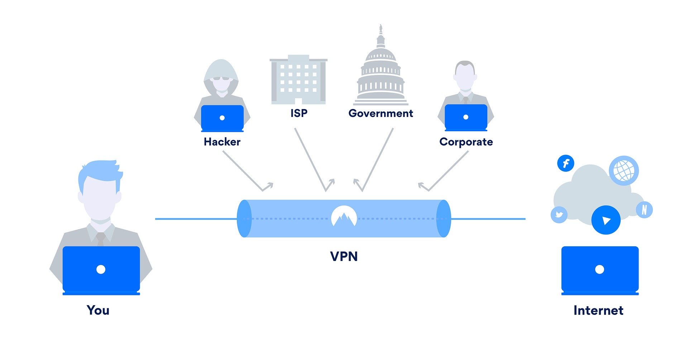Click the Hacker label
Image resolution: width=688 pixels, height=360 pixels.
pyautogui.click(x=222, y=142)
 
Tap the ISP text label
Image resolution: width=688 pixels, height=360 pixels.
pyautogui.click(x=299, y=113)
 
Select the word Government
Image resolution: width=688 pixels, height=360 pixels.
pyautogui.click(x=381, y=113)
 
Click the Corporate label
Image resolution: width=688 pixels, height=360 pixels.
pyautogui.click(x=466, y=142)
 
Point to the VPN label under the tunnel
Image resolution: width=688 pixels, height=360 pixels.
pyautogui.click(x=344, y=257)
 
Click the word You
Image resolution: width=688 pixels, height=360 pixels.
pyautogui.click(x=98, y=310)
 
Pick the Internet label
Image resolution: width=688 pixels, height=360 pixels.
pyautogui.click(x=598, y=310)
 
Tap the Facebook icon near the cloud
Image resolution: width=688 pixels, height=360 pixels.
pyautogui.click(x=565, y=164)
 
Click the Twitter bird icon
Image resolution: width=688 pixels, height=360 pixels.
pyautogui.click(x=559, y=215)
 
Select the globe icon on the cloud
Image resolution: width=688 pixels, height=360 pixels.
pyautogui.click(x=623, y=170)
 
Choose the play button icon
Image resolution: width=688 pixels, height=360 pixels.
pyautogui.click(x=606, y=220)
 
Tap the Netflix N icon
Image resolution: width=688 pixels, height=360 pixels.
pyautogui.click(x=644, y=210)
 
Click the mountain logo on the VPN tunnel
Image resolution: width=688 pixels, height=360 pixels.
pyautogui.click(x=344, y=216)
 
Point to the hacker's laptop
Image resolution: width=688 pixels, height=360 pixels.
pyautogui.click(x=222, y=118)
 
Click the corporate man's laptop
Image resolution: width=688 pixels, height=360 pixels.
pyautogui.click(x=466, y=117)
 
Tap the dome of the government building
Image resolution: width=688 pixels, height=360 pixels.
pyautogui.click(x=381, y=54)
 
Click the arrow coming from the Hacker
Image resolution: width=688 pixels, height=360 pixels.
pyautogui.click(x=247, y=171)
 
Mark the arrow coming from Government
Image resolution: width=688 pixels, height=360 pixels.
pyautogui.click(x=376, y=161)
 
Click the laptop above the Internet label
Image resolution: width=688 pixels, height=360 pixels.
pyautogui.click(x=600, y=270)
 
